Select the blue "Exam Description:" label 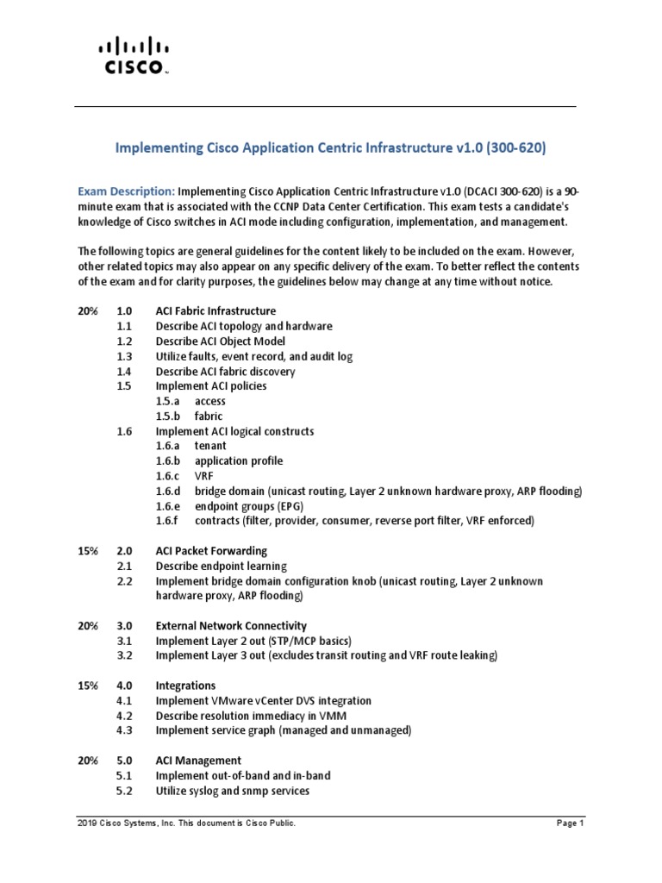(x=126, y=191)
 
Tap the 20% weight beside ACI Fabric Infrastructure (x=87, y=310)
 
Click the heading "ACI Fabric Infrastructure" (x=215, y=310)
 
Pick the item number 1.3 (x=125, y=356)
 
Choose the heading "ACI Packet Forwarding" (x=211, y=550)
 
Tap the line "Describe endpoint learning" (x=221, y=566)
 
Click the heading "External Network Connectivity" (x=231, y=625)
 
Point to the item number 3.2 (x=125, y=655)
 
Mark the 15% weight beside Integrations (x=87, y=685)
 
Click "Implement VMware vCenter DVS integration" (x=263, y=700)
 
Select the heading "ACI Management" (x=198, y=760)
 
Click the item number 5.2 (x=125, y=790)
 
